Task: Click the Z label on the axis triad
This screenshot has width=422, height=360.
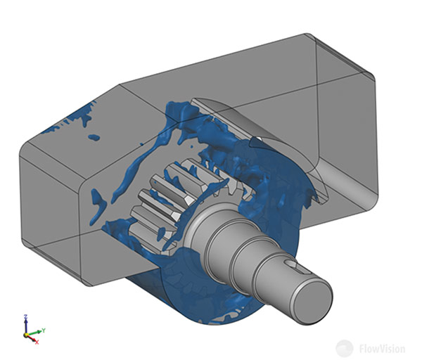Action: click(x=25, y=316)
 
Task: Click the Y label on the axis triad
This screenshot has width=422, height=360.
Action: click(x=44, y=330)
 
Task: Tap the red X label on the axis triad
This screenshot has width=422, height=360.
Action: click(x=37, y=342)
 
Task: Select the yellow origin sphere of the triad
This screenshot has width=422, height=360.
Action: click(x=26, y=335)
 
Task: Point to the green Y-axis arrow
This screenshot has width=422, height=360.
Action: click(x=34, y=333)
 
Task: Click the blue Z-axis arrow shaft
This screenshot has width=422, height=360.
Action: click(x=26, y=326)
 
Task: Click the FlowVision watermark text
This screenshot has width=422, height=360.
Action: click(x=382, y=349)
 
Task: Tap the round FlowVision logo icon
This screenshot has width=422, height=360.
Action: click(x=344, y=349)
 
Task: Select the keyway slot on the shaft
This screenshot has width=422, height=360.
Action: click(x=295, y=265)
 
